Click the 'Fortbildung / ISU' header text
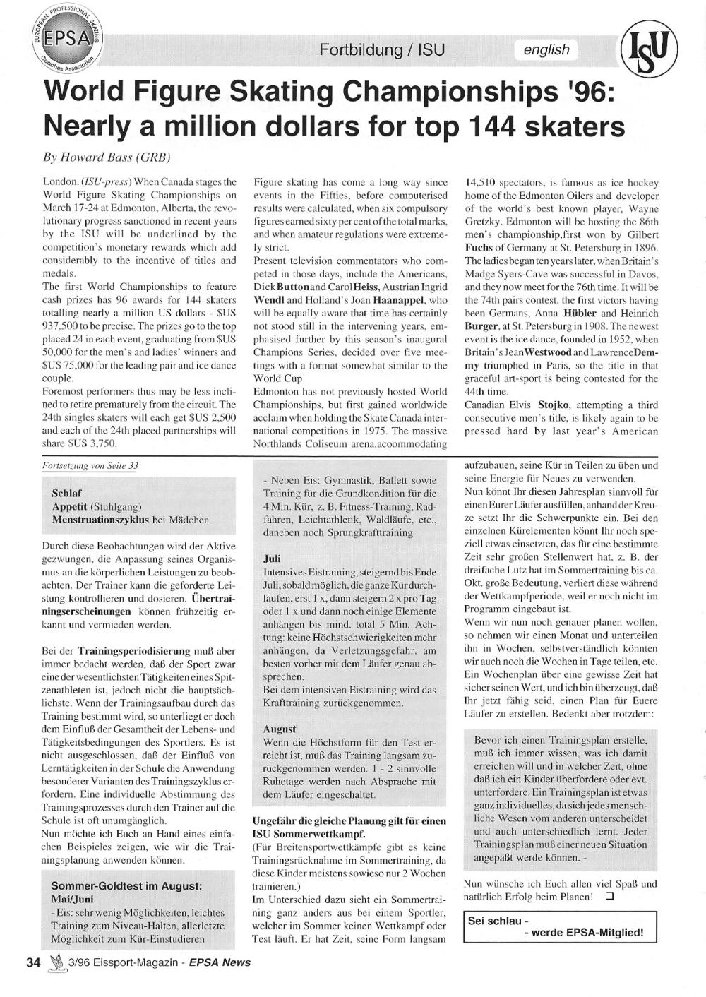382,49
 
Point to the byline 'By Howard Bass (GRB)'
107,157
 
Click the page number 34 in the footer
33,962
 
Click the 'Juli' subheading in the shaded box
272,558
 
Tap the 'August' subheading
280,729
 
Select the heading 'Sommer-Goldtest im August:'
126,885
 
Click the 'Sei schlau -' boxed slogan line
498,921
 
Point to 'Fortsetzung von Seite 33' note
90,466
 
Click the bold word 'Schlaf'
66,493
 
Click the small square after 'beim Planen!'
609,897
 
